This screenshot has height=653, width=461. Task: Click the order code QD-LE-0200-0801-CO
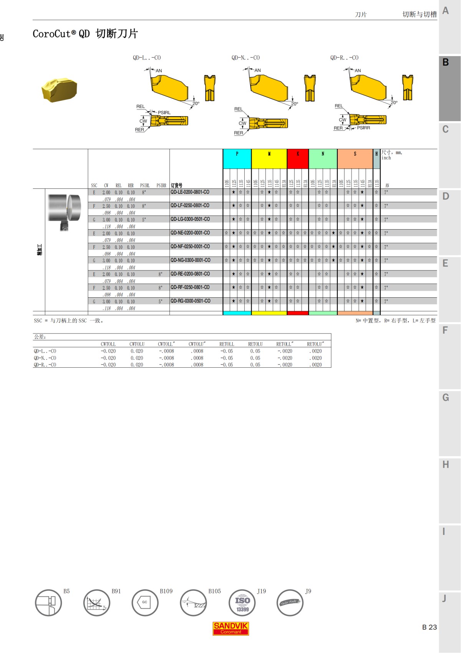click(x=190, y=192)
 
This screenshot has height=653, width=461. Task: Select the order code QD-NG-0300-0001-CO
click(x=191, y=260)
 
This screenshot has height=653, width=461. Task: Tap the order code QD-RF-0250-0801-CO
click(x=190, y=287)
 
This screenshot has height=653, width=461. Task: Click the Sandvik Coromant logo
click(x=231, y=628)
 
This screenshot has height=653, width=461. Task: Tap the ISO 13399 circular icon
click(x=242, y=603)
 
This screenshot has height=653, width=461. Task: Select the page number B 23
click(x=429, y=627)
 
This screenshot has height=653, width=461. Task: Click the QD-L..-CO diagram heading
click(x=147, y=58)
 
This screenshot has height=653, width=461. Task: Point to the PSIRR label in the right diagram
click(x=363, y=128)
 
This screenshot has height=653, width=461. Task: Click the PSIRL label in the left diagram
click(x=164, y=113)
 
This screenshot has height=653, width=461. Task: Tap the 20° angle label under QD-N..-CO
click(x=295, y=104)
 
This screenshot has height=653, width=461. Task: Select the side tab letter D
click(x=446, y=197)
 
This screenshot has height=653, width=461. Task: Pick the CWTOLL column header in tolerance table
click(x=108, y=344)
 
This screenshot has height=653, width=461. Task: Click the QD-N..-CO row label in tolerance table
click(x=45, y=358)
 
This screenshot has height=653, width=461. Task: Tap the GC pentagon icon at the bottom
click(x=145, y=603)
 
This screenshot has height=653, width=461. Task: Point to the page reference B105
click(x=214, y=591)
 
